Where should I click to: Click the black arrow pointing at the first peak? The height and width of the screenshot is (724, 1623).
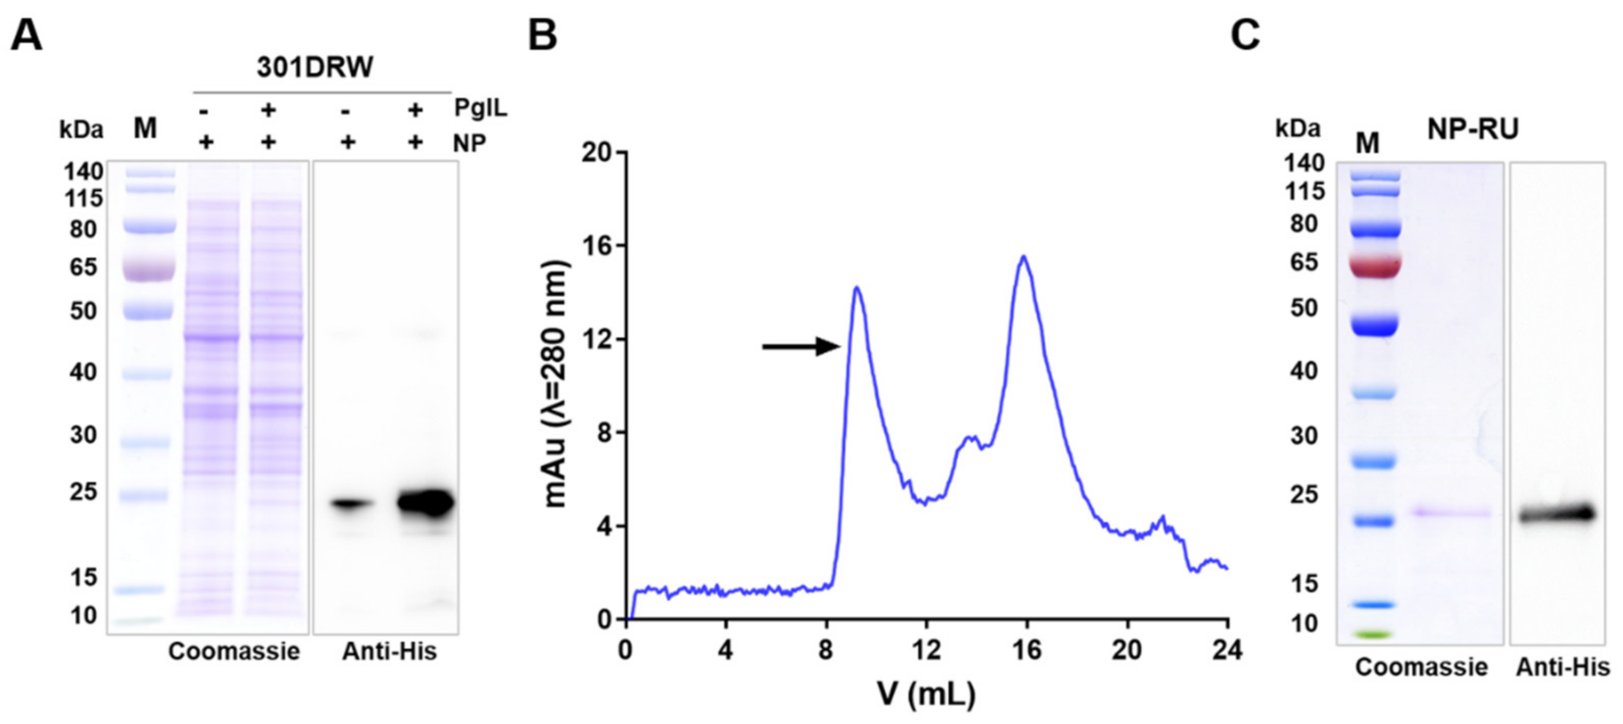[802, 346]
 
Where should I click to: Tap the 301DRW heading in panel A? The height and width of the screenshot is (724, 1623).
[315, 68]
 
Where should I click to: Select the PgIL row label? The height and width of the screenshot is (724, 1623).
[480, 109]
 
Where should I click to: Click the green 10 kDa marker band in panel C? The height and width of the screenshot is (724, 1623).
[1376, 634]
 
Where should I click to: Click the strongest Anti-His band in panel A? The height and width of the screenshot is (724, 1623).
[426, 503]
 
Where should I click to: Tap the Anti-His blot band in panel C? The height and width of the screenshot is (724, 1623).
[1557, 514]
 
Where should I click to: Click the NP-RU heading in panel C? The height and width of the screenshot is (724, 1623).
[1472, 129]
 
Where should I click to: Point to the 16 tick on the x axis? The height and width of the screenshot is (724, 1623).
[1027, 650]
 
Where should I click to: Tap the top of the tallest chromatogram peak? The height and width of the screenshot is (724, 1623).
[1023, 256]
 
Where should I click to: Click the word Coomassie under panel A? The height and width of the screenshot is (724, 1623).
[233, 651]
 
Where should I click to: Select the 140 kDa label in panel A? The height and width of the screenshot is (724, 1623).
[83, 171]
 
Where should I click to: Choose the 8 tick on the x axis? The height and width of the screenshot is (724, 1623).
[826, 650]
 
